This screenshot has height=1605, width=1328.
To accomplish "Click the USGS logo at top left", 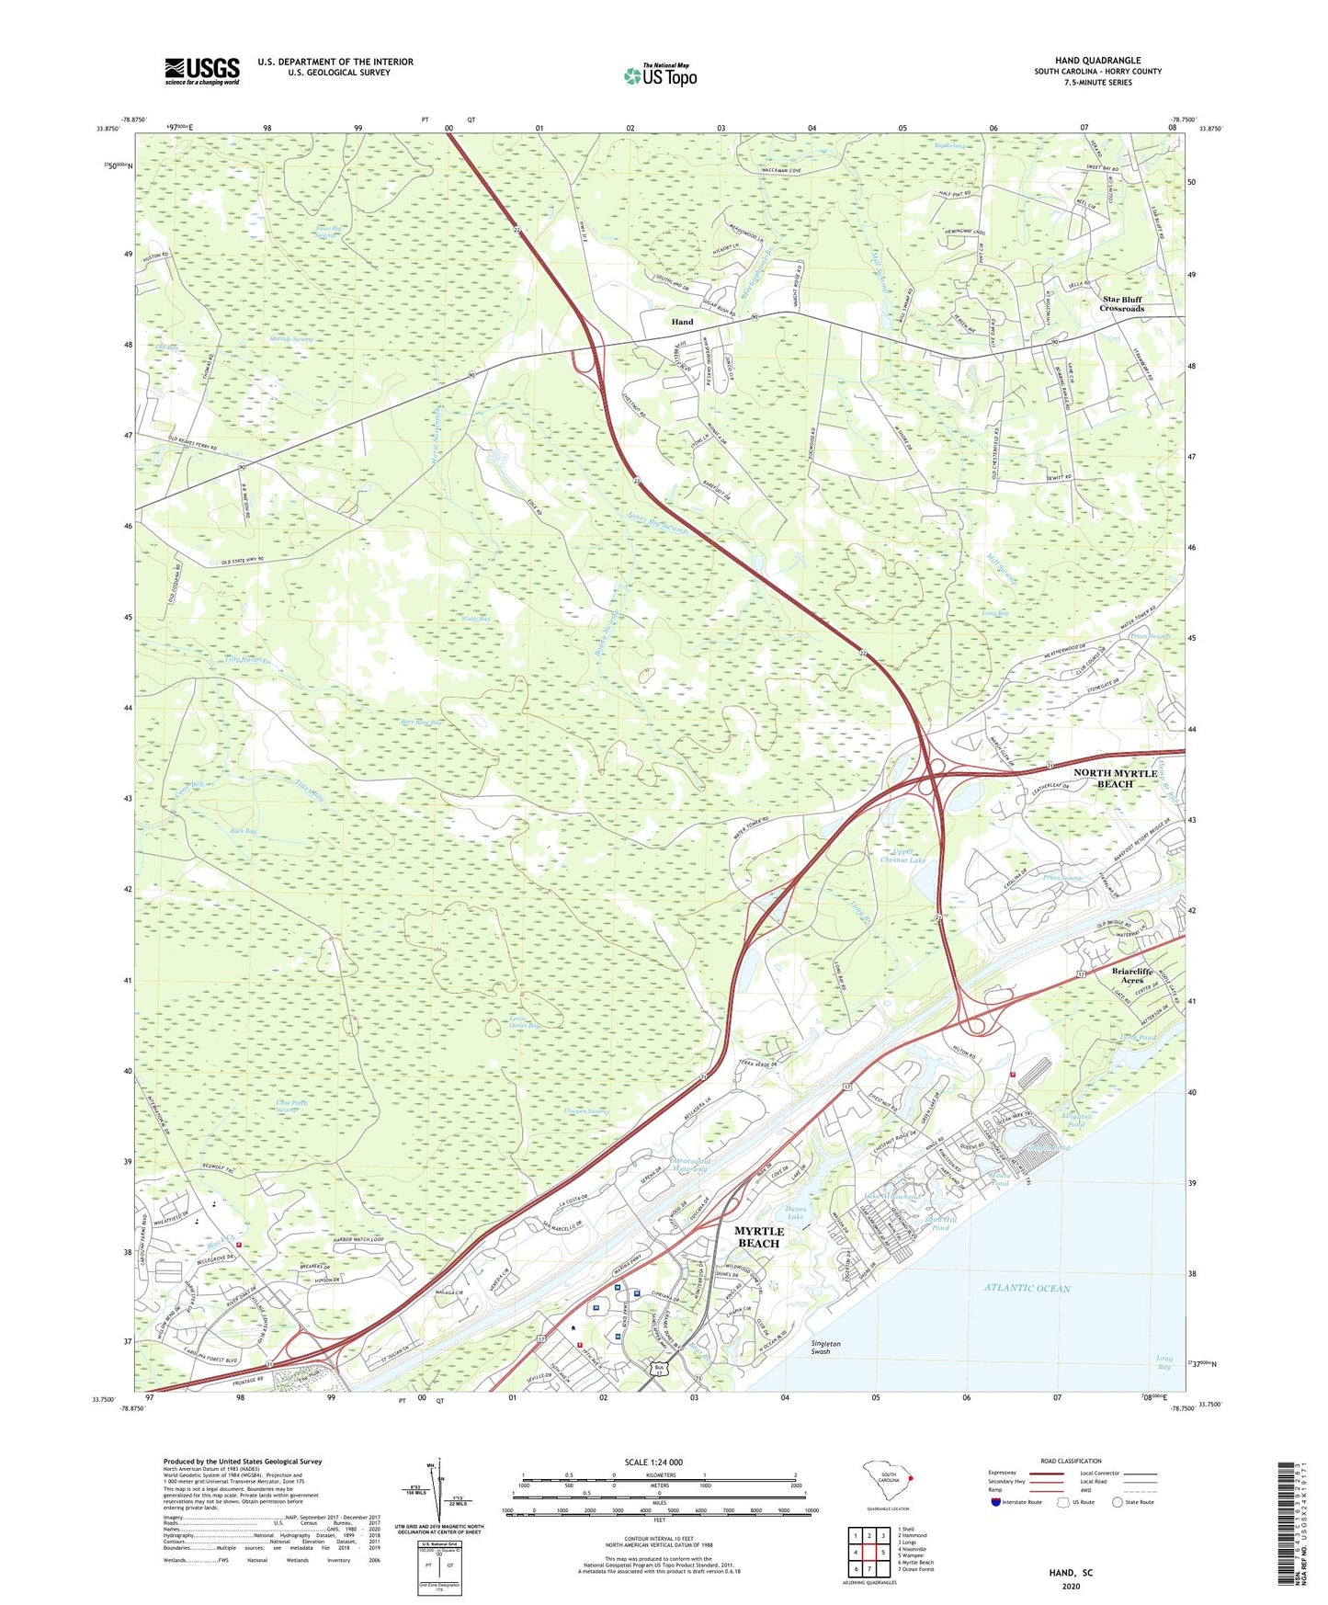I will (202, 71).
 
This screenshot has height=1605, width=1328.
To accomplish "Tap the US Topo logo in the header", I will (659, 76).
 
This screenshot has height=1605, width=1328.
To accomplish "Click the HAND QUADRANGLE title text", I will (1097, 60).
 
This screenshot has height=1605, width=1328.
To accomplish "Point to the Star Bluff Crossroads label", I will (1122, 303).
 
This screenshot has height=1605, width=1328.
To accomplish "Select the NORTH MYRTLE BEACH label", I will (1115, 779).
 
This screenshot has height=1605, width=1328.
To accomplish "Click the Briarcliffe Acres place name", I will (1131, 975).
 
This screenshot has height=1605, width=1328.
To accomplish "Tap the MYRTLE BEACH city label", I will (759, 1236).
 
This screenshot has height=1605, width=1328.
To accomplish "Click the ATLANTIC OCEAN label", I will (1027, 1288).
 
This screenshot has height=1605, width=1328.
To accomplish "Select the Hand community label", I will (682, 322).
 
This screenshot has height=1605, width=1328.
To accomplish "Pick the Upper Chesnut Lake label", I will (902, 856).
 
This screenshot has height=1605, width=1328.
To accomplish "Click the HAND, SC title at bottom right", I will (1071, 1573).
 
